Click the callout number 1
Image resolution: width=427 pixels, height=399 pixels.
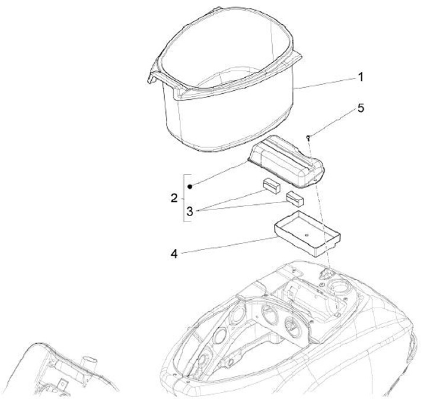pos(360,77)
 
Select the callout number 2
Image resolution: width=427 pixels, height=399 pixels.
pos(174,198)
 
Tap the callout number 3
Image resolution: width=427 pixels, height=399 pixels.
pos(190,211)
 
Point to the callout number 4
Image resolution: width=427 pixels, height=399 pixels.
pos(174,254)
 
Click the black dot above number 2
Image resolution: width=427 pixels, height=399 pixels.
pos(190,186)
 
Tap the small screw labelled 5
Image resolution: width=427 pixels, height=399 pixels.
pos(308,137)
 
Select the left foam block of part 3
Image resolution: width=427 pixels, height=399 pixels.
pos(270,185)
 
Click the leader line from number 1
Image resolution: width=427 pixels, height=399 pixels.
pos(326,83)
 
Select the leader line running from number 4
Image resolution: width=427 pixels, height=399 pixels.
pos(225,246)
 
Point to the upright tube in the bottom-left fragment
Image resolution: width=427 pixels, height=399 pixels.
pos(89,363)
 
